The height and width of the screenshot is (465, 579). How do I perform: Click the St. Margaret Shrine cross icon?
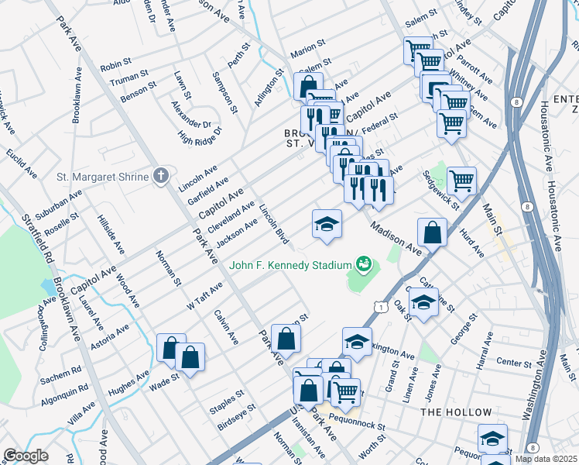click(x=160, y=177)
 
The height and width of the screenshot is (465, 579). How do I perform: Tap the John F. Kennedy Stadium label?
click(x=290, y=266)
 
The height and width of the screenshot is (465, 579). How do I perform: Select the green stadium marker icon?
click(x=363, y=265)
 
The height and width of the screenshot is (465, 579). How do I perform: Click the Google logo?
click(x=26, y=456)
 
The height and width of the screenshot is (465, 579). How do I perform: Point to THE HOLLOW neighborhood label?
click(x=456, y=412)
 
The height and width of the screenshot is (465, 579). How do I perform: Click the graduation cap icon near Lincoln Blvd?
click(x=327, y=225)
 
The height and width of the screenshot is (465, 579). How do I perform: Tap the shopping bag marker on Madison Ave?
click(x=432, y=232)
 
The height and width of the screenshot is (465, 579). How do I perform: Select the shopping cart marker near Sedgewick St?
click(x=461, y=181)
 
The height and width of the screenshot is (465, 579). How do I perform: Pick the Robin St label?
click(x=117, y=67)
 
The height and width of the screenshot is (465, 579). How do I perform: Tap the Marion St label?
click(x=305, y=54)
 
